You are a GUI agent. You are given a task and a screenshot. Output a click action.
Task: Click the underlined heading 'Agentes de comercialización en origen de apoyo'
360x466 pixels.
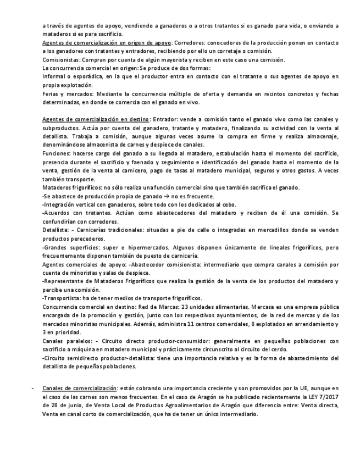click(x=107, y=42)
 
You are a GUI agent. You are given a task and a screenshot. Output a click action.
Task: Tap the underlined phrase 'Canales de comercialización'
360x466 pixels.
click(x=79, y=388)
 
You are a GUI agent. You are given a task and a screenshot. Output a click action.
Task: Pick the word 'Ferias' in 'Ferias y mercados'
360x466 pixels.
click(x=51, y=94)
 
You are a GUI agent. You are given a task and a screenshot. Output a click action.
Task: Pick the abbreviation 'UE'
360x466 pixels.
click(x=312, y=388)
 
